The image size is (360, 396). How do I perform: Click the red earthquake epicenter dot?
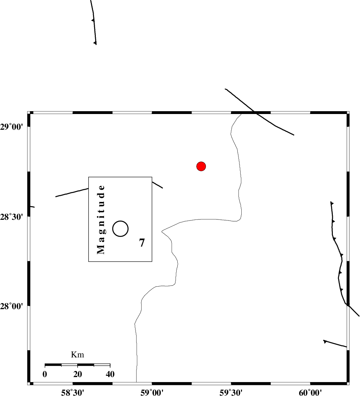(x=201, y=166)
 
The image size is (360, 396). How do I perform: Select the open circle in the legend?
(x=120, y=228)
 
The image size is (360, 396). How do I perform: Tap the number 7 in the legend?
(x=142, y=243)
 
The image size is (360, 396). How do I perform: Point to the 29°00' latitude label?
(x=14, y=127)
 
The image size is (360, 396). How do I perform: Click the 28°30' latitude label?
(x=14, y=217)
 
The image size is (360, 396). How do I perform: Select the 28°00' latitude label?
(x=14, y=306)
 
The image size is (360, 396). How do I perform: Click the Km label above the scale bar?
(x=78, y=355)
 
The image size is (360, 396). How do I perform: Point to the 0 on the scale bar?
(x=45, y=374)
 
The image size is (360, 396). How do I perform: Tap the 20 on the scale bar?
(x=78, y=374)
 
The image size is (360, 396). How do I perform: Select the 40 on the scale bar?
(x=110, y=374)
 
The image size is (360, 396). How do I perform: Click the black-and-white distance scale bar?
(x=77, y=365)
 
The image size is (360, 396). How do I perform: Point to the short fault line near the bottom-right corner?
(x=335, y=343)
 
